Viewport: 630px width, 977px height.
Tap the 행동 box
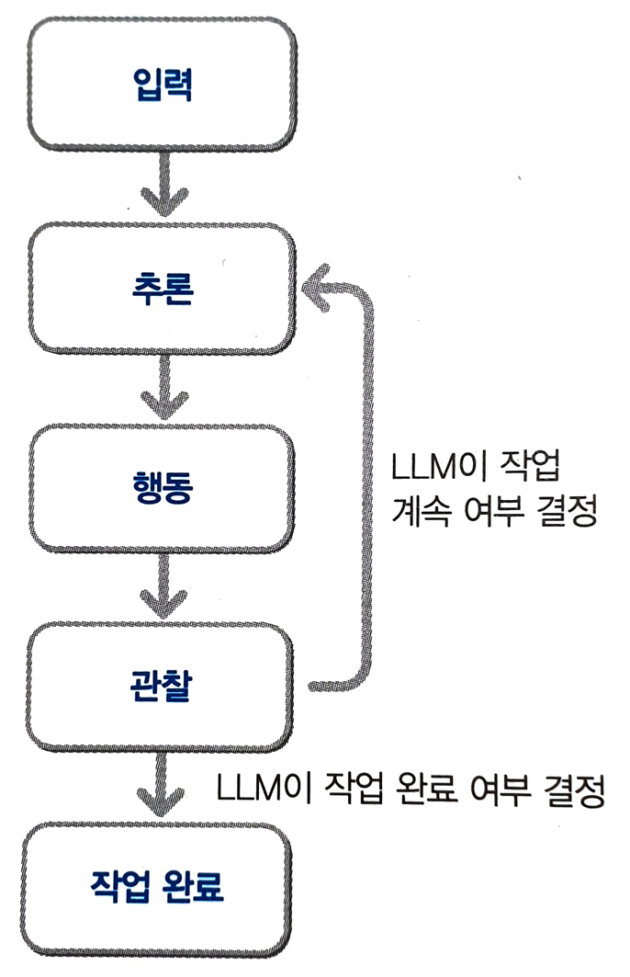pyautogui.click(x=161, y=487)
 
